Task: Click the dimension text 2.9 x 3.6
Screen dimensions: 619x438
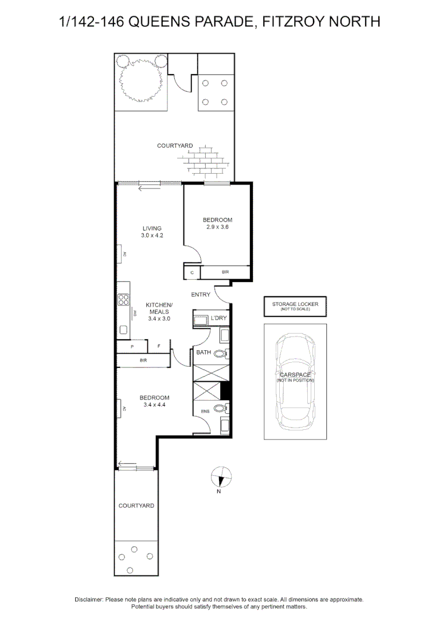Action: click(217, 227)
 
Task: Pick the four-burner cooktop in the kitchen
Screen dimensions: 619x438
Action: click(123, 299)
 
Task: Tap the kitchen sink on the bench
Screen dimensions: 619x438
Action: click(123, 330)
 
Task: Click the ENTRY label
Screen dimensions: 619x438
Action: click(201, 295)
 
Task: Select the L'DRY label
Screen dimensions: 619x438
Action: click(220, 318)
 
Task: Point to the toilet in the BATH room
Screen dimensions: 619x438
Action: click(222, 354)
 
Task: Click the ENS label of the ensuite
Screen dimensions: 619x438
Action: click(205, 411)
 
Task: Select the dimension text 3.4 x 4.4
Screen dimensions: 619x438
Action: click(155, 405)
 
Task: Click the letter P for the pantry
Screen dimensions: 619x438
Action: click(132, 347)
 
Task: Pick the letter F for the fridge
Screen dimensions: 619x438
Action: click(159, 347)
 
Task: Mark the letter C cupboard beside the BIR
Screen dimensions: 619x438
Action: click(192, 272)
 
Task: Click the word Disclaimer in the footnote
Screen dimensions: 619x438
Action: click(88, 600)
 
